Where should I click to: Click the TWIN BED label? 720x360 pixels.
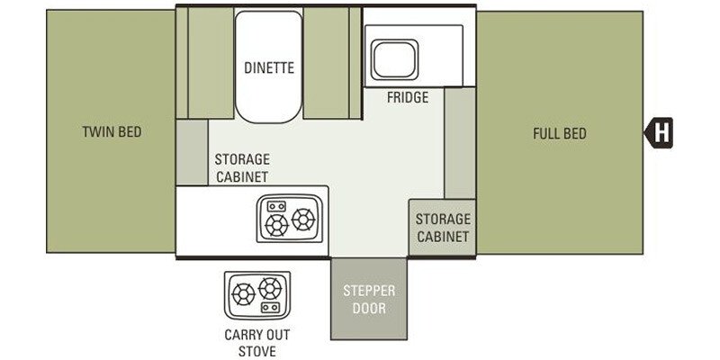112,132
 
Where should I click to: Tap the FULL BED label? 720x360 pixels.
559,134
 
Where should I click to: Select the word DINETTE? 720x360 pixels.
269,67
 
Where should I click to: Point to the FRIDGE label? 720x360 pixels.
408,97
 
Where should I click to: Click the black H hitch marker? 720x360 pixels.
661,133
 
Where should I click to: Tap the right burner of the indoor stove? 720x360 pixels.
303,217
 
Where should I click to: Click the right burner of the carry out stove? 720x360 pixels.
269,289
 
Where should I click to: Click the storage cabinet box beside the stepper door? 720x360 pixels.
443,227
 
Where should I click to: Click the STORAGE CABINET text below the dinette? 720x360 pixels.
242,167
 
